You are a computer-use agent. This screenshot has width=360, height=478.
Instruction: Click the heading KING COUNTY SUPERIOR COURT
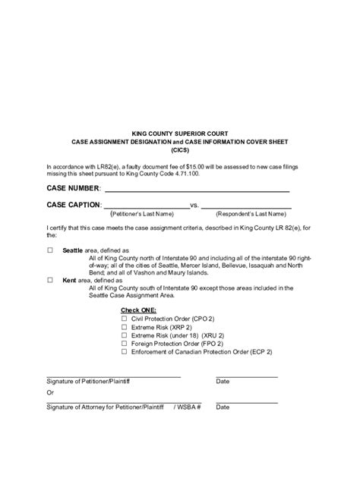(180, 134)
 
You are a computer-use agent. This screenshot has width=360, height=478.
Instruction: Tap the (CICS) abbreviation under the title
(180, 150)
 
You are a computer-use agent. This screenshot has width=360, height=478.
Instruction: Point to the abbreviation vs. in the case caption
(194, 206)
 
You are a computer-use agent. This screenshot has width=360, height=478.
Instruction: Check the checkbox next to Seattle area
(51, 250)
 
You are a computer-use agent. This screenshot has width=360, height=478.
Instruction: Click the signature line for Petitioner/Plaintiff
(114, 376)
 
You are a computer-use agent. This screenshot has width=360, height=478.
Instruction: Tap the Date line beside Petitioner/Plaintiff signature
(246, 376)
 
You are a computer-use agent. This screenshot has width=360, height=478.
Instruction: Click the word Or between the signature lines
(50, 393)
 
